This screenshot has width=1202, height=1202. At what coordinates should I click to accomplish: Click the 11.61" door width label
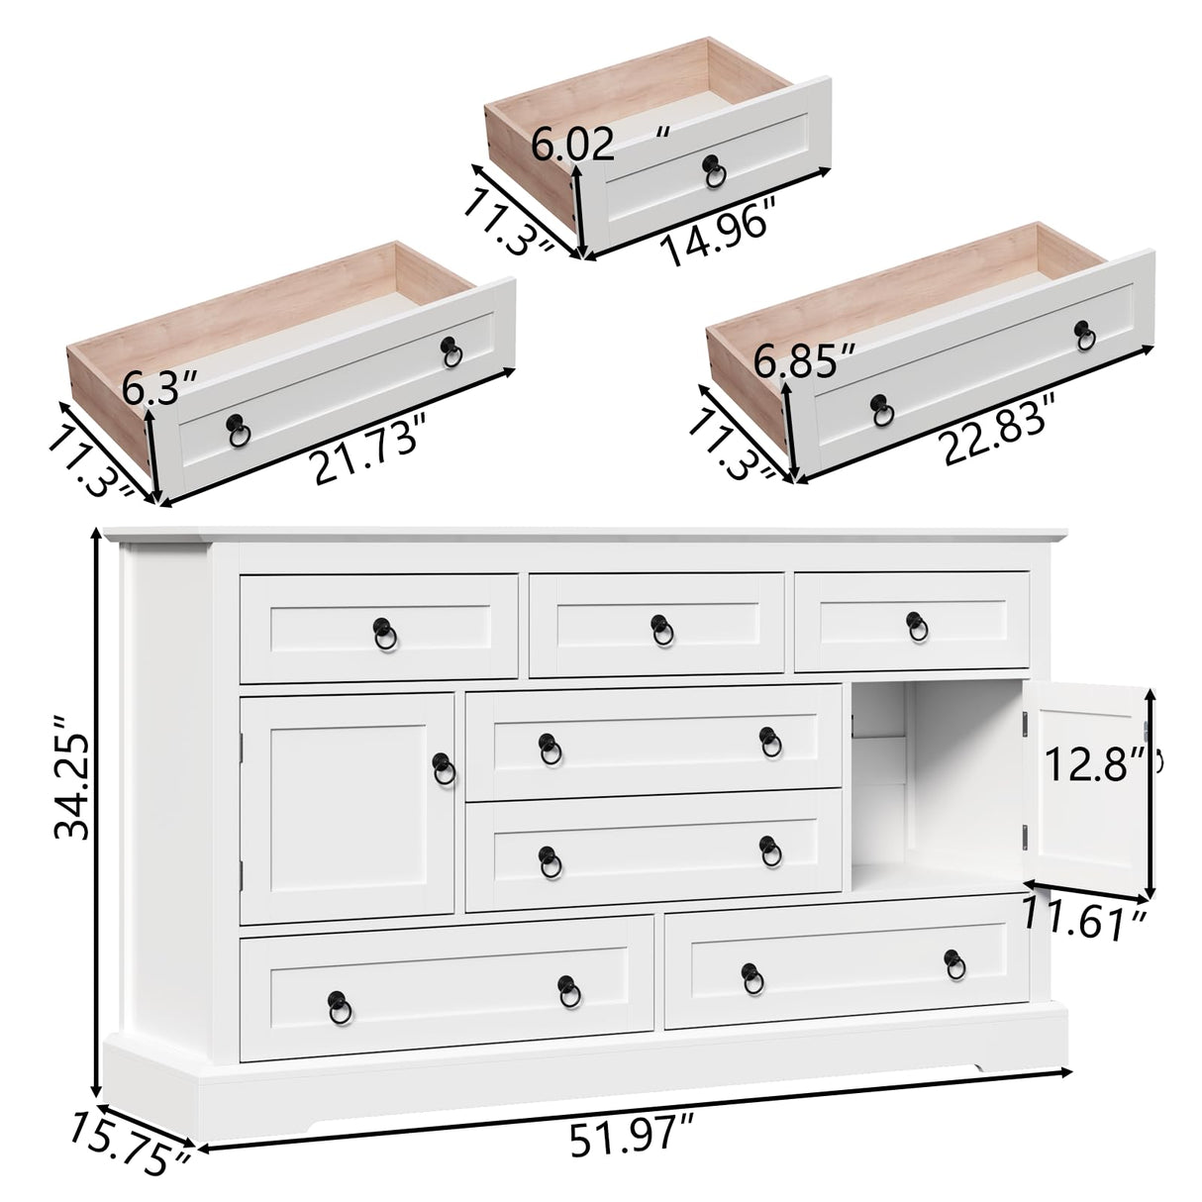[1085, 921]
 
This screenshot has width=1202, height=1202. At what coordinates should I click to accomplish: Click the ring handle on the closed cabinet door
[444, 764]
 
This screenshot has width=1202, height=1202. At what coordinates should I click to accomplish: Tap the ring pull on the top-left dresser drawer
[382, 630]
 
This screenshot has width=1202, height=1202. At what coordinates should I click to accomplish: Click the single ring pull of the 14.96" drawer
[713, 173]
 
